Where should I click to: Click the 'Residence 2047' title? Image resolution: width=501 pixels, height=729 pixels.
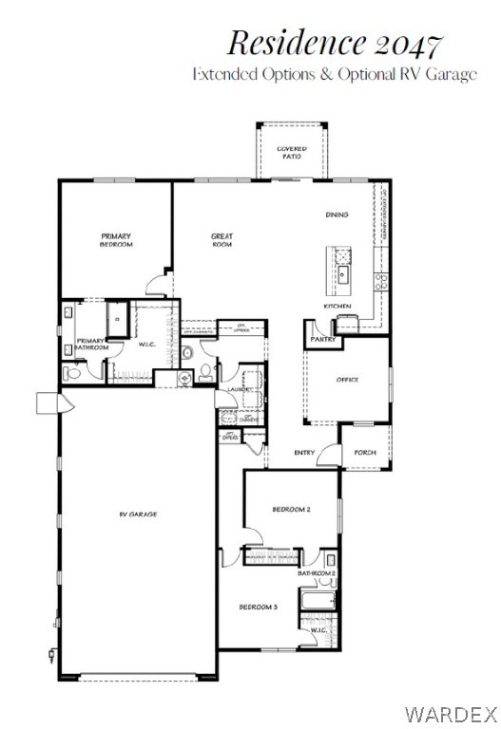(334, 43)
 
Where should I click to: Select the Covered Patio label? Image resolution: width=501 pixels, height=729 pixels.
(291, 152)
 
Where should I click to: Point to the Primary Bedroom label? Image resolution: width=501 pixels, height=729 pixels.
(116, 239)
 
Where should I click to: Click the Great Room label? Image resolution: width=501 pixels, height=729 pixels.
(222, 239)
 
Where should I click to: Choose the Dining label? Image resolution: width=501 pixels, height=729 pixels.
(337, 215)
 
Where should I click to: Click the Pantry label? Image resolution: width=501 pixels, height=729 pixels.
(323, 339)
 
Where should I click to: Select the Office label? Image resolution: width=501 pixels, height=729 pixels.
(347, 380)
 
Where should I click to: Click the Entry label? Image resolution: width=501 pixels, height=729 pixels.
(305, 453)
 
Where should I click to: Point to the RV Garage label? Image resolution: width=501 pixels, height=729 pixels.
(138, 514)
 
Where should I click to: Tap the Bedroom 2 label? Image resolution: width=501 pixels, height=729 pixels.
(291, 510)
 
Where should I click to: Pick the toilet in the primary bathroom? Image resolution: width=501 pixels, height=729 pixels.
(72, 373)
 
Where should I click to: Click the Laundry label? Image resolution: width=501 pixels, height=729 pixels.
(238, 389)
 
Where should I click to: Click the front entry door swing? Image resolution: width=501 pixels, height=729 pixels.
(329, 458)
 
